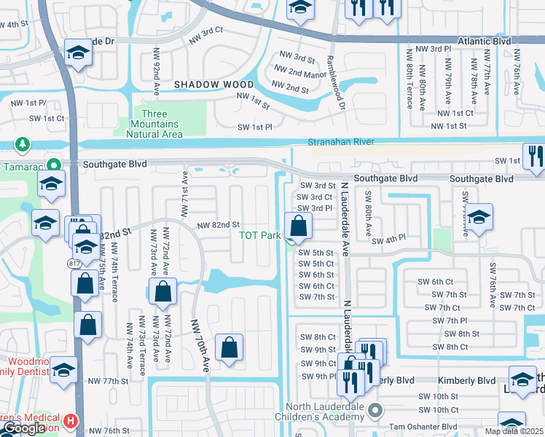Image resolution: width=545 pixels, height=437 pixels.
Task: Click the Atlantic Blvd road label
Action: click(485, 42)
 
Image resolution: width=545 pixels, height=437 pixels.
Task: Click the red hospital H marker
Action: click(70, 420)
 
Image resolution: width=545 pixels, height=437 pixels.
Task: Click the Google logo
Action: click(24, 428)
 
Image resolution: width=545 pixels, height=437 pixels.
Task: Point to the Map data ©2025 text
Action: click(514, 431)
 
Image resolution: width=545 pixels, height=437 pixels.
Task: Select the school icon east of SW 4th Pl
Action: click(479, 217)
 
